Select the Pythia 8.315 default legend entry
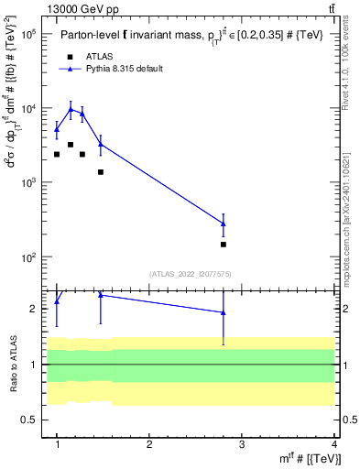coord(124,69)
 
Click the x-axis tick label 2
coord(149,444)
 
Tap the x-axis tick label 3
coord(242,444)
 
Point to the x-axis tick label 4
coord(333,444)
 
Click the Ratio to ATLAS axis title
coord(13,365)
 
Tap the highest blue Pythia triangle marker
coord(71,109)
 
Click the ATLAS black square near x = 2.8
coord(224,245)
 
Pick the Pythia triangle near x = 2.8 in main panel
coord(224,224)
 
